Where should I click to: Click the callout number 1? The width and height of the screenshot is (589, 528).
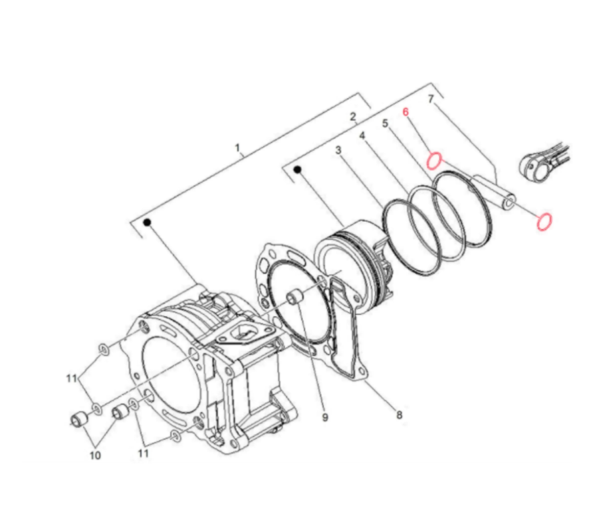(x=237, y=147)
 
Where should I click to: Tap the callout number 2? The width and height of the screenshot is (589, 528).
(x=353, y=117)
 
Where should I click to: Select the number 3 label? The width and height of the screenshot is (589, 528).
(x=338, y=150)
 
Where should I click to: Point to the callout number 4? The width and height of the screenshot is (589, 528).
(x=362, y=135)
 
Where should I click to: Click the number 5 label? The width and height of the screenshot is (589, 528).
(x=385, y=123)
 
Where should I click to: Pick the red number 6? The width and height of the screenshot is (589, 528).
(x=406, y=112)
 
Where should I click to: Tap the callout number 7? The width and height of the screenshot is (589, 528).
(x=431, y=99)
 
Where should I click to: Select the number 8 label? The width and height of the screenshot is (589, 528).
(x=399, y=414)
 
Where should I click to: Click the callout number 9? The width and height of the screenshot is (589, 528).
(x=325, y=417)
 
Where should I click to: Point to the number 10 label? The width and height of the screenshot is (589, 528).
(x=95, y=455)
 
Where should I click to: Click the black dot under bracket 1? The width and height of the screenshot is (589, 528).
(x=148, y=222)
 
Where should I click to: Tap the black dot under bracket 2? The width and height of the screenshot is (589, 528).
(x=298, y=169)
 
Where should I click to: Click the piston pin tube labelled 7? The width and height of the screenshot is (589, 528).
(x=493, y=193)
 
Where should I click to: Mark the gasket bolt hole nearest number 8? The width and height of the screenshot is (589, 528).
(x=362, y=372)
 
